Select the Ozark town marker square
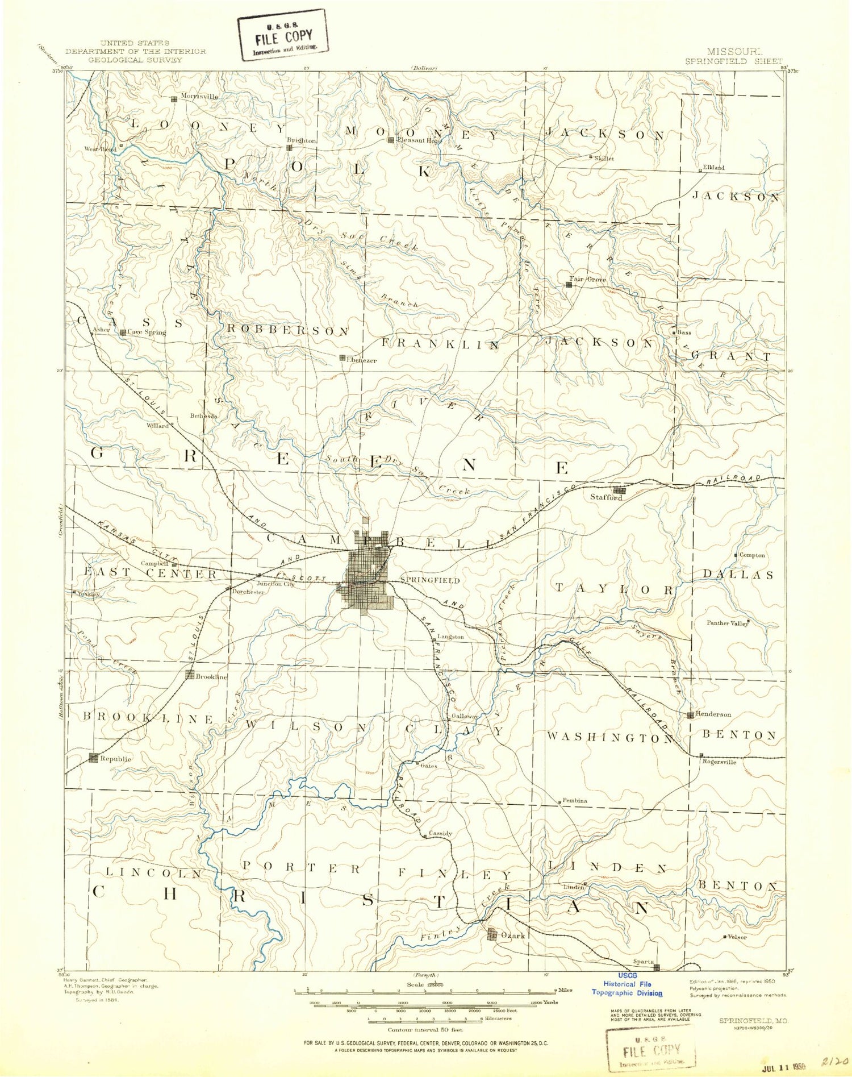pos(492,933)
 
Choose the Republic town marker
pos(94,758)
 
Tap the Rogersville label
pos(719,762)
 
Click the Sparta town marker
pos(656,967)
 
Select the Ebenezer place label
pos(361,360)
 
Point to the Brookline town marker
pos(190,675)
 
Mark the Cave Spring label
pos(147,332)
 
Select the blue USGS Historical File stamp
pos(627,988)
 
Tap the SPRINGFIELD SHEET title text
pos(733,61)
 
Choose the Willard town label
pos(157,426)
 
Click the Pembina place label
pos(575,800)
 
